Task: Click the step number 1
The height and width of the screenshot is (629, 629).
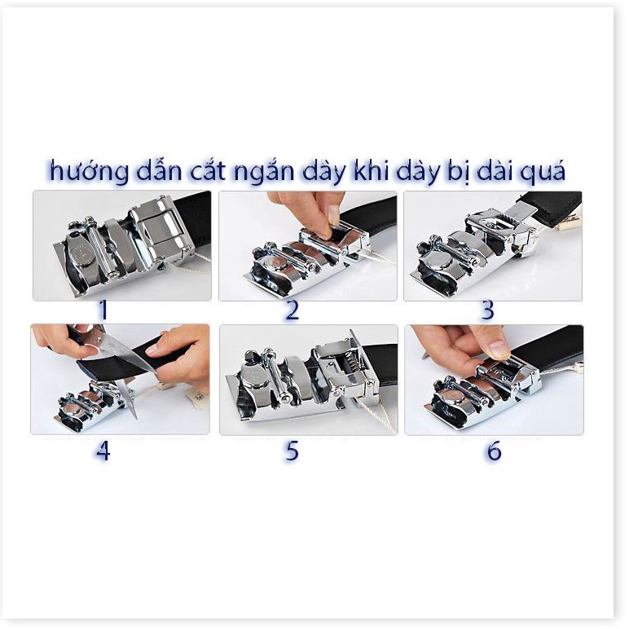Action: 103,310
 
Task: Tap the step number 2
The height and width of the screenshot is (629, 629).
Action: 293,310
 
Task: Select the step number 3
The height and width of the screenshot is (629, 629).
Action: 488,310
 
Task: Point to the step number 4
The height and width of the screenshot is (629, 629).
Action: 103,450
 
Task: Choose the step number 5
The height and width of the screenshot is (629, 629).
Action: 293,451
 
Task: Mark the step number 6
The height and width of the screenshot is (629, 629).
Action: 494,451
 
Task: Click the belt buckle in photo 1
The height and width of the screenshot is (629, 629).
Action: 122,249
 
